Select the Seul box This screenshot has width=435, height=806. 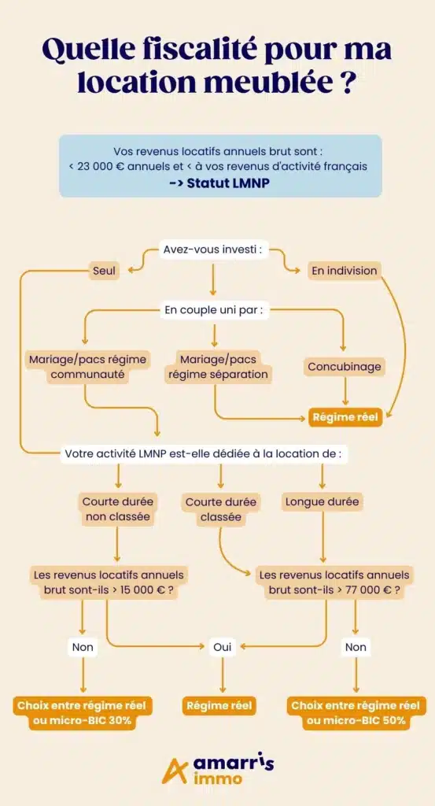[x=104, y=270]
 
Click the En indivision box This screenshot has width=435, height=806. [x=345, y=270]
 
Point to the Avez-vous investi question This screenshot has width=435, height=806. [x=213, y=250]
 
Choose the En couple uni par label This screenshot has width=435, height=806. [x=214, y=310]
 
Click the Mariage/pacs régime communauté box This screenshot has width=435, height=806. [x=87, y=367]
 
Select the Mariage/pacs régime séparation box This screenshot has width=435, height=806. [x=218, y=367]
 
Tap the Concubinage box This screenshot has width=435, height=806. [x=345, y=367]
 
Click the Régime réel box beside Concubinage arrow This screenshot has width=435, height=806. [x=345, y=417]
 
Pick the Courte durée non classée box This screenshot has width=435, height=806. [x=118, y=509]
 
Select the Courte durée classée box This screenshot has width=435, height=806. [x=220, y=509]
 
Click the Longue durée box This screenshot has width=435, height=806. [x=322, y=501]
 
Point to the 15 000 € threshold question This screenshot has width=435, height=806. [x=109, y=582]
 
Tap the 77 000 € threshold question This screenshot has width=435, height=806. [x=334, y=582]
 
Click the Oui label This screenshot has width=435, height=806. [x=223, y=647]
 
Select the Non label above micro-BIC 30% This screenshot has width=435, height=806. [x=82, y=647]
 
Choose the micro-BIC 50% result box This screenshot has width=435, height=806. [x=356, y=713]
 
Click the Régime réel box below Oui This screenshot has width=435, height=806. [x=219, y=706]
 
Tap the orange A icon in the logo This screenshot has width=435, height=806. [x=172, y=771]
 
